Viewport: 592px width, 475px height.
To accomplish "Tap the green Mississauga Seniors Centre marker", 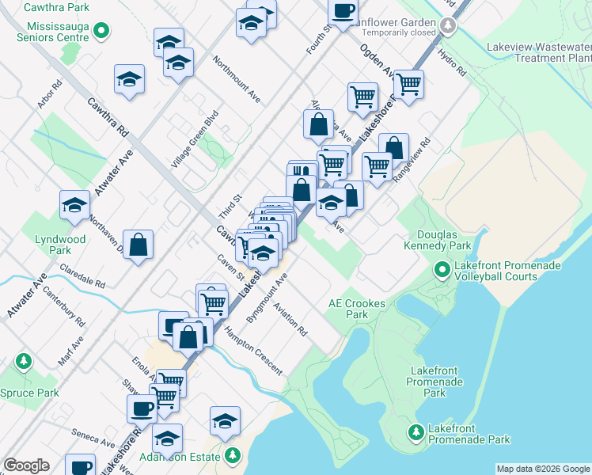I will click(x=101, y=31).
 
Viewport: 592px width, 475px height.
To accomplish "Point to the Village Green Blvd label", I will click(x=194, y=144).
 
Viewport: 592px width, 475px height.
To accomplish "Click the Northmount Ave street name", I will click(x=237, y=81).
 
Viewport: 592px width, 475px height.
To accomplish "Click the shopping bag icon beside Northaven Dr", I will click(x=139, y=245).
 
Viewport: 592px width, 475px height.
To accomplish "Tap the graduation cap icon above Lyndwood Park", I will click(x=74, y=205).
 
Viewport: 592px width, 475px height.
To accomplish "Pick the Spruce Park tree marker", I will click(x=25, y=362).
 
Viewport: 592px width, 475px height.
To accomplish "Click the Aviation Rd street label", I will click(x=290, y=319).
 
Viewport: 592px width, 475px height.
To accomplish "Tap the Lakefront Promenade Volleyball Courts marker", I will click(x=442, y=272).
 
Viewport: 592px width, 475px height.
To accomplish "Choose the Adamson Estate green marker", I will click(x=233, y=455).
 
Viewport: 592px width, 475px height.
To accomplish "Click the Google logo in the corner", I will click(x=26, y=465).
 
